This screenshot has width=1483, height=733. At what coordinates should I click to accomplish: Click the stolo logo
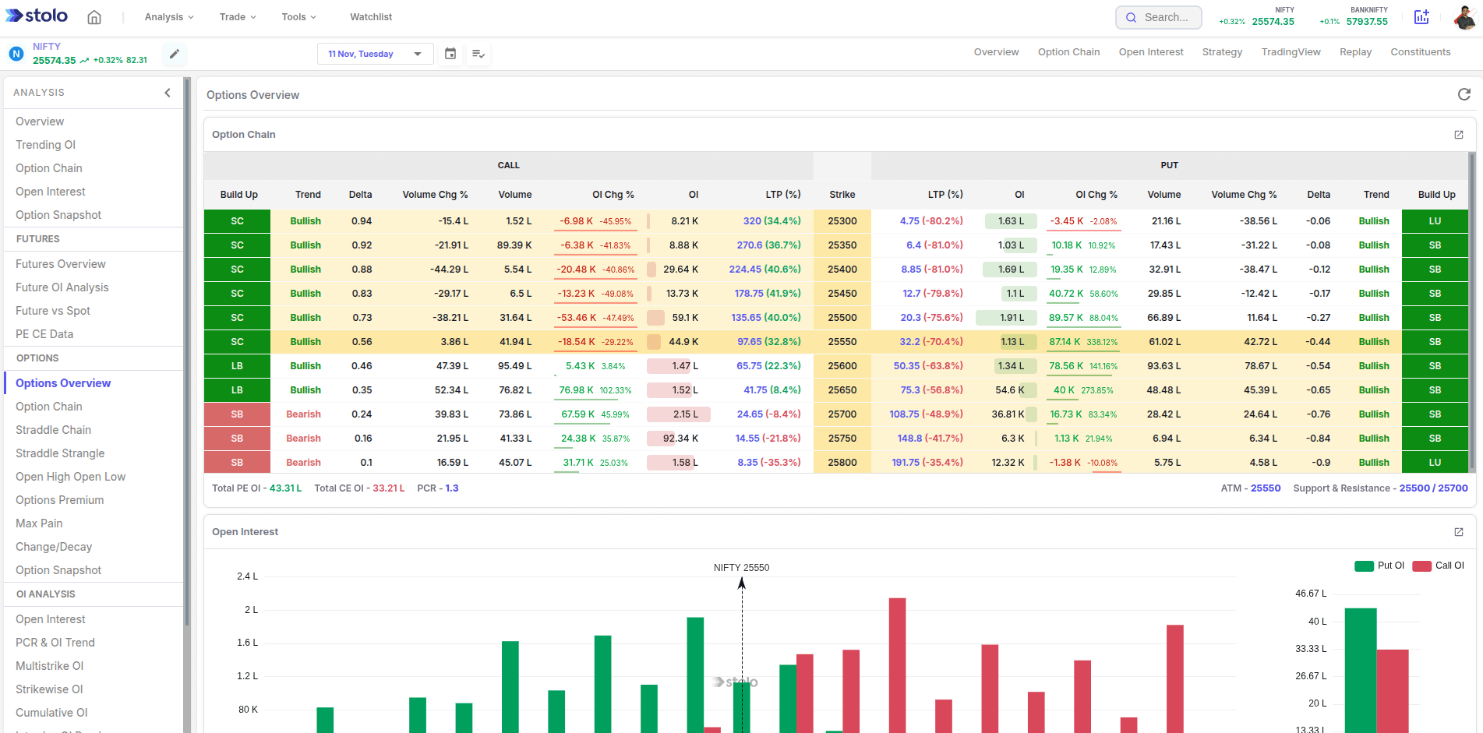pyautogui.click(x=37, y=16)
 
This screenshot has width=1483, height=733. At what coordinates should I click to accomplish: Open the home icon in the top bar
pyautogui.click(x=94, y=17)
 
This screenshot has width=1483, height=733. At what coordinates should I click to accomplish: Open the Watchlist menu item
pyautogui.click(x=371, y=17)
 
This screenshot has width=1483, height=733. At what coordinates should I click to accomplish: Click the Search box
pyautogui.click(x=1159, y=17)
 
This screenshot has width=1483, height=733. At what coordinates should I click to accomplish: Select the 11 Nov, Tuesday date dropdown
pyautogui.click(x=375, y=54)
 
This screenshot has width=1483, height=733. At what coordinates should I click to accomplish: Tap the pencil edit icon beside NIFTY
pyautogui.click(x=175, y=54)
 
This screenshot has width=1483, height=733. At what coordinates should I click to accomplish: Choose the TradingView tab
pyautogui.click(x=1291, y=52)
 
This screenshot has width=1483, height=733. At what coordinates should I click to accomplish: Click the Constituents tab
pyautogui.click(x=1420, y=52)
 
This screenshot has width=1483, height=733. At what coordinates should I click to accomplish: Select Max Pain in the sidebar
pyautogui.click(x=39, y=523)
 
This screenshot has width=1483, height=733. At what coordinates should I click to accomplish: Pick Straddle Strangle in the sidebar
pyautogui.click(x=60, y=453)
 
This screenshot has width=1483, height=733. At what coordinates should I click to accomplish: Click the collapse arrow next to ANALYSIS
pyautogui.click(x=168, y=93)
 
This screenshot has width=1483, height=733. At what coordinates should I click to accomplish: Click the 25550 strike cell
pyautogui.click(x=842, y=342)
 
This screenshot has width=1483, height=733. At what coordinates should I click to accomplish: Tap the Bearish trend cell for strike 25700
pyautogui.click(x=303, y=414)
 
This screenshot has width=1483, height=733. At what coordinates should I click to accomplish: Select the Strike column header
pyautogui.click(x=842, y=195)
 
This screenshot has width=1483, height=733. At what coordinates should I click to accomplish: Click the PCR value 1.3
pyautogui.click(x=452, y=488)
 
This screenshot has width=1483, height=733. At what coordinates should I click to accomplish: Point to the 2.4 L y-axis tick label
pyautogui.click(x=247, y=576)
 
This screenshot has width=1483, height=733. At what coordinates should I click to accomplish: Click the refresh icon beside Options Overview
pyautogui.click(x=1464, y=94)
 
